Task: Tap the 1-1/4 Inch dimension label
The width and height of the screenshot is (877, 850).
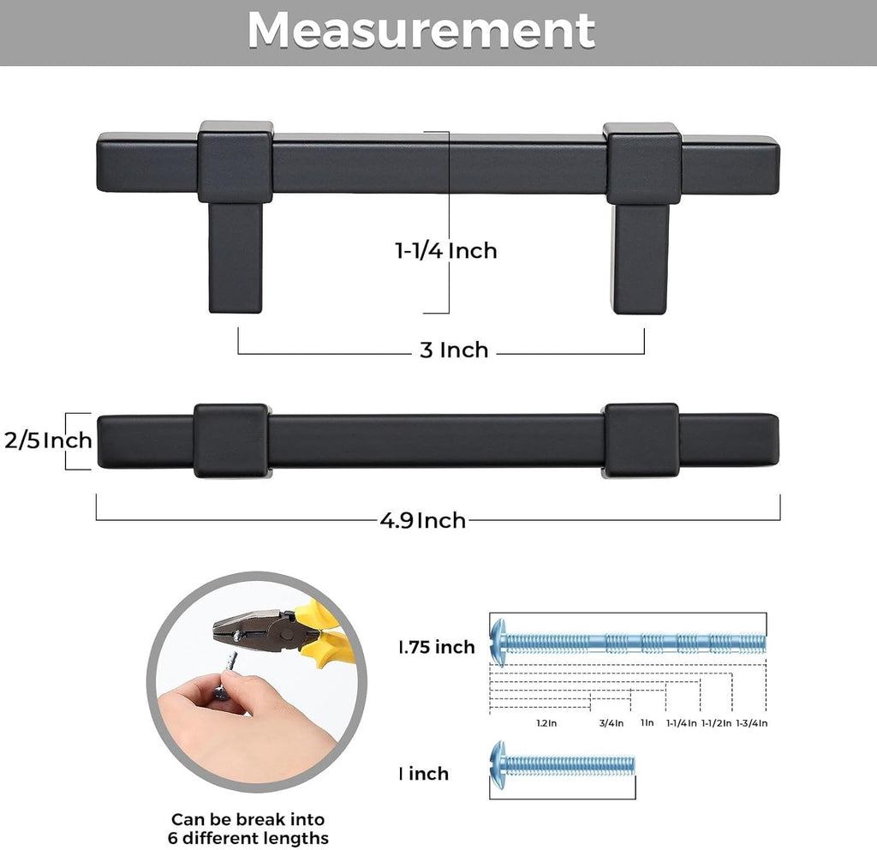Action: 445,250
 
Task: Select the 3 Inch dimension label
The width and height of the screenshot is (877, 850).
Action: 454,350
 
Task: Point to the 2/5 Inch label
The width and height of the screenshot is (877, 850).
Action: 48,440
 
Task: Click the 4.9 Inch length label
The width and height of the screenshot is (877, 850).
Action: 423,520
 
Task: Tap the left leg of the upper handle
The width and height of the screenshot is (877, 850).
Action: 236,257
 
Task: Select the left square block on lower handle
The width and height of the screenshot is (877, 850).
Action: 231,441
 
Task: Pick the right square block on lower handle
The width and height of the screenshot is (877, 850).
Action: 642,440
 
